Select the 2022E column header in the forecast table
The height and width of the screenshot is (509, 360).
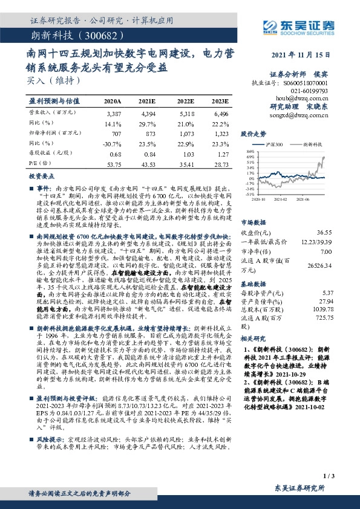pos(185,100)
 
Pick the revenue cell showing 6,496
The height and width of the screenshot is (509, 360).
pos(221,113)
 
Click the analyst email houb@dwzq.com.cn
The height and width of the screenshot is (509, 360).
pos(309,97)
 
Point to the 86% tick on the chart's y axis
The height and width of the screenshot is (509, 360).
pos(249,151)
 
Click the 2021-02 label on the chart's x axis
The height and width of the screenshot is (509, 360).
pos(280,198)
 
